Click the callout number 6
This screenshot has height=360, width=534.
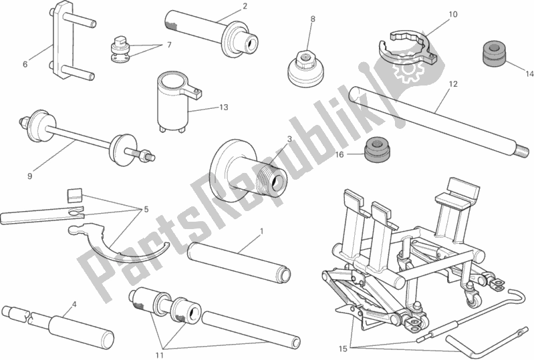[25, 63]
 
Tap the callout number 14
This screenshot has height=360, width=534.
[529, 73]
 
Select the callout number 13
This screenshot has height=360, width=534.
[223, 108]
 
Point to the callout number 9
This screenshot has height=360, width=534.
[29, 176]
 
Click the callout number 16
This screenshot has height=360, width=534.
[340, 155]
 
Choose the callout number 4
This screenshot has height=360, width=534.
[75, 305]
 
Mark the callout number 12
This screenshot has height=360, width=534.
[453, 84]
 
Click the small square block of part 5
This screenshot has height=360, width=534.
[75, 195]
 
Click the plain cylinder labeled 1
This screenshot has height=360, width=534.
[239, 260]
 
